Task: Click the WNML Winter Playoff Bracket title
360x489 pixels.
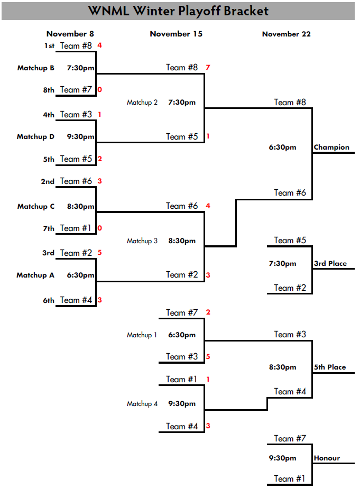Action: (x=178, y=11)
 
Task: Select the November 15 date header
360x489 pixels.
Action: (x=176, y=34)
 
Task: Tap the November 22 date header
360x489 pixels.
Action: (x=286, y=34)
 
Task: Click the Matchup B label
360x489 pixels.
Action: (x=35, y=68)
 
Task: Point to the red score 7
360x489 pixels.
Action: (x=208, y=67)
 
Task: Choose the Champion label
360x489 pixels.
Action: (x=331, y=147)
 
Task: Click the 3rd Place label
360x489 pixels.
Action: (x=330, y=263)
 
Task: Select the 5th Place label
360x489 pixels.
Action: (x=330, y=367)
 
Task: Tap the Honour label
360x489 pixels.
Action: (x=327, y=458)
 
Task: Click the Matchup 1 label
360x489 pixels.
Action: (x=142, y=335)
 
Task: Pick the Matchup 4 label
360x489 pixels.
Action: (x=142, y=403)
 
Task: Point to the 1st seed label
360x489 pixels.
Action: (x=49, y=46)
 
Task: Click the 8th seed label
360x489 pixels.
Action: (x=49, y=90)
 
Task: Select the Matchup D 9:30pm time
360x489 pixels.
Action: (x=80, y=136)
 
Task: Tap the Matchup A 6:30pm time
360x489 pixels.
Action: (x=80, y=275)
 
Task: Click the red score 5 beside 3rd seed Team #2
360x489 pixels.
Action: (x=99, y=253)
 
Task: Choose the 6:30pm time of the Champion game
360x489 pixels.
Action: (x=283, y=147)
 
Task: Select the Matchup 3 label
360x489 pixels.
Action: (x=142, y=241)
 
